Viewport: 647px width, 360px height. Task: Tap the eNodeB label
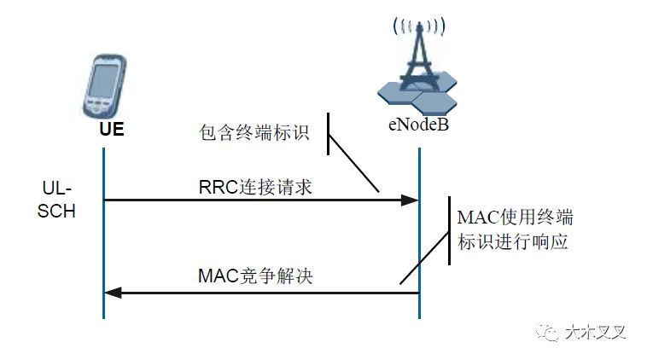tap(415, 127)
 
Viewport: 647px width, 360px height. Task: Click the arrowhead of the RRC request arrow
tap(411, 200)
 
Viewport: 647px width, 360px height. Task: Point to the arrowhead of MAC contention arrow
tap(112, 293)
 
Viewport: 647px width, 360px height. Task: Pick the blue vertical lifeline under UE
tap(103, 247)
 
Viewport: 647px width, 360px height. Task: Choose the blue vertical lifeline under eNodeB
tap(419, 247)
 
